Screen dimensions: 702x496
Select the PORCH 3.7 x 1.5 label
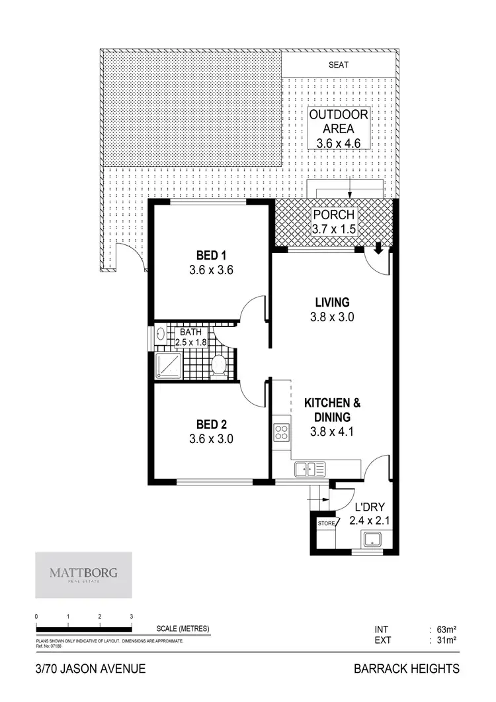334,222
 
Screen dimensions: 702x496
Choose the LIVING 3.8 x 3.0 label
332,309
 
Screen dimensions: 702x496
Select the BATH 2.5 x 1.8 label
191,338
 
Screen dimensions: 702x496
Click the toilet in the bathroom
219,365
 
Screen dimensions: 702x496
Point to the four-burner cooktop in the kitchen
281,432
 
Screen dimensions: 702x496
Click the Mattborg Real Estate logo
83,572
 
